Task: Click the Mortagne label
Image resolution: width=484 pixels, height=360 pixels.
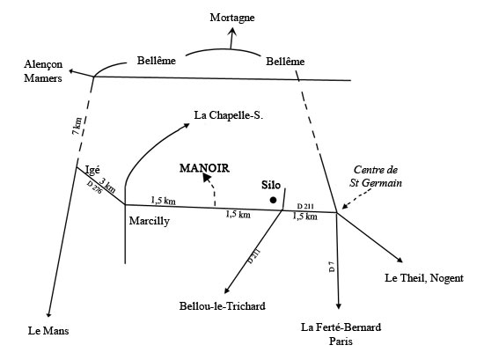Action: pyautogui.click(x=232, y=18)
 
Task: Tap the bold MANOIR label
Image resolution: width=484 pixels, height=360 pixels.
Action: pyautogui.click(x=205, y=168)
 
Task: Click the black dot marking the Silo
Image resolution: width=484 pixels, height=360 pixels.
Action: pyautogui.click(x=273, y=200)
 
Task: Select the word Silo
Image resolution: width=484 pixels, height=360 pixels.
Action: pyautogui.click(x=271, y=185)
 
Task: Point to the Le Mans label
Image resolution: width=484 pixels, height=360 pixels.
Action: pyautogui.click(x=48, y=331)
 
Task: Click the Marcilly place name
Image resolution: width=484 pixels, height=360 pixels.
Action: pyautogui.click(x=150, y=221)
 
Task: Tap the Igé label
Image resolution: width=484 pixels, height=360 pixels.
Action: pyautogui.click(x=92, y=170)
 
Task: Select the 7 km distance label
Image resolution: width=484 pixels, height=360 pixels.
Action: pyautogui.click(x=77, y=126)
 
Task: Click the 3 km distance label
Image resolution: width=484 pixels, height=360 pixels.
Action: pyautogui.click(x=107, y=185)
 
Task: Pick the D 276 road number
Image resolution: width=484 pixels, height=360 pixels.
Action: pyautogui.click(x=94, y=187)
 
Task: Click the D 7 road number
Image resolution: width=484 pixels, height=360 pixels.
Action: pyautogui.click(x=332, y=267)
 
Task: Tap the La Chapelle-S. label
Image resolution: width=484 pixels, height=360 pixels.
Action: pyautogui.click(x=229, y=115)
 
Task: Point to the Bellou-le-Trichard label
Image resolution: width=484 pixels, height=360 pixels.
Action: pyautogui.click(x=223, y=306)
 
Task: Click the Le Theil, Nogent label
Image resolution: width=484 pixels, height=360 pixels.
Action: pyautogui.click(x=424, y=278)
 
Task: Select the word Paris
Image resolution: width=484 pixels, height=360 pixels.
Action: pyautogui.click(x=341, y=342)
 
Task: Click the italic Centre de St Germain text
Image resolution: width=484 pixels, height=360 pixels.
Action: pyautogui.click(x=376, y=176)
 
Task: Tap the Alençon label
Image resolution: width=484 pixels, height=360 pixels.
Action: pyautogui.click(x=43, y=64)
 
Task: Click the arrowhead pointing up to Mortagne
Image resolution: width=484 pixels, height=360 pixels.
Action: pyautogui.click(x=232, y=32)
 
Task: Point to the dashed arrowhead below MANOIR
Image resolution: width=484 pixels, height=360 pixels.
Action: pyautogui.click(x=207, y=177)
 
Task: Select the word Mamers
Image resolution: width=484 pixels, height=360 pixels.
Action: pyautogui.click(x=43, y=78)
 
